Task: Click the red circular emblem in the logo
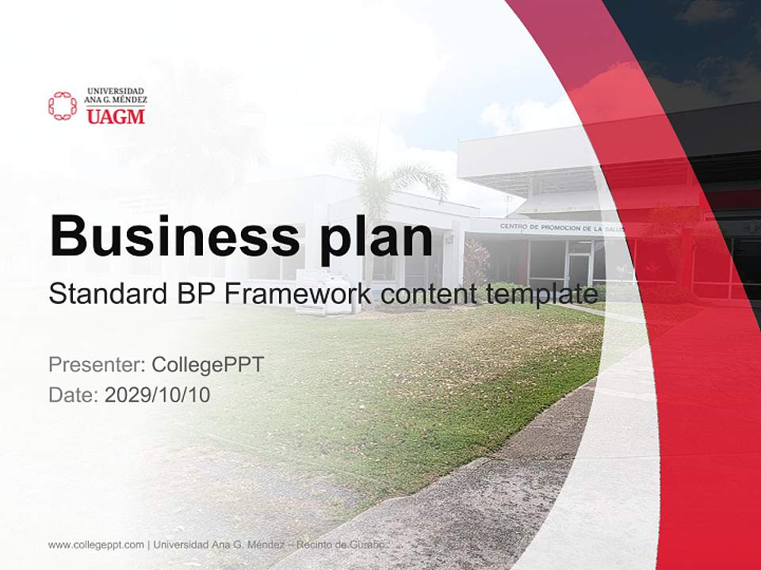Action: click(63, 106)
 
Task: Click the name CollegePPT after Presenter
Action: click(208, 365)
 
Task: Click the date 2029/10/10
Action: click(158, 394)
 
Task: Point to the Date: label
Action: click(74, 394)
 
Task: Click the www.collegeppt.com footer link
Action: click(96, 545)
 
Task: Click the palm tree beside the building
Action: click(385, 178)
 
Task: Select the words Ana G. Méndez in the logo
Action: click(116, 101)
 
